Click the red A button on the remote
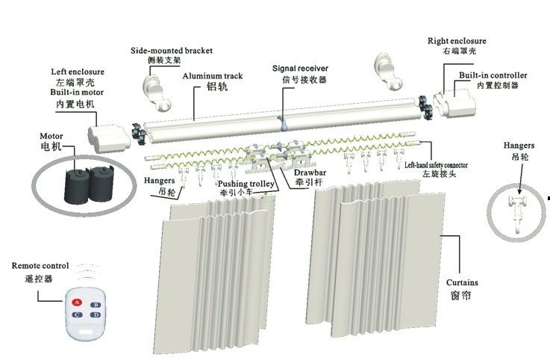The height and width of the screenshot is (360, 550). click(77, 302)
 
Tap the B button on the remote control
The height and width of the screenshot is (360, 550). click(96, 304)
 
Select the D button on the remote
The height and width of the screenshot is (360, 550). click(96, 315)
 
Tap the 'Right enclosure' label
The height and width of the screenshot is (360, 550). click(456, 40)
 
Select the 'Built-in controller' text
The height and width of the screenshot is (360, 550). click(493, 75)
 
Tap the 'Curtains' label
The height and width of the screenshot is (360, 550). click(462, 283)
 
